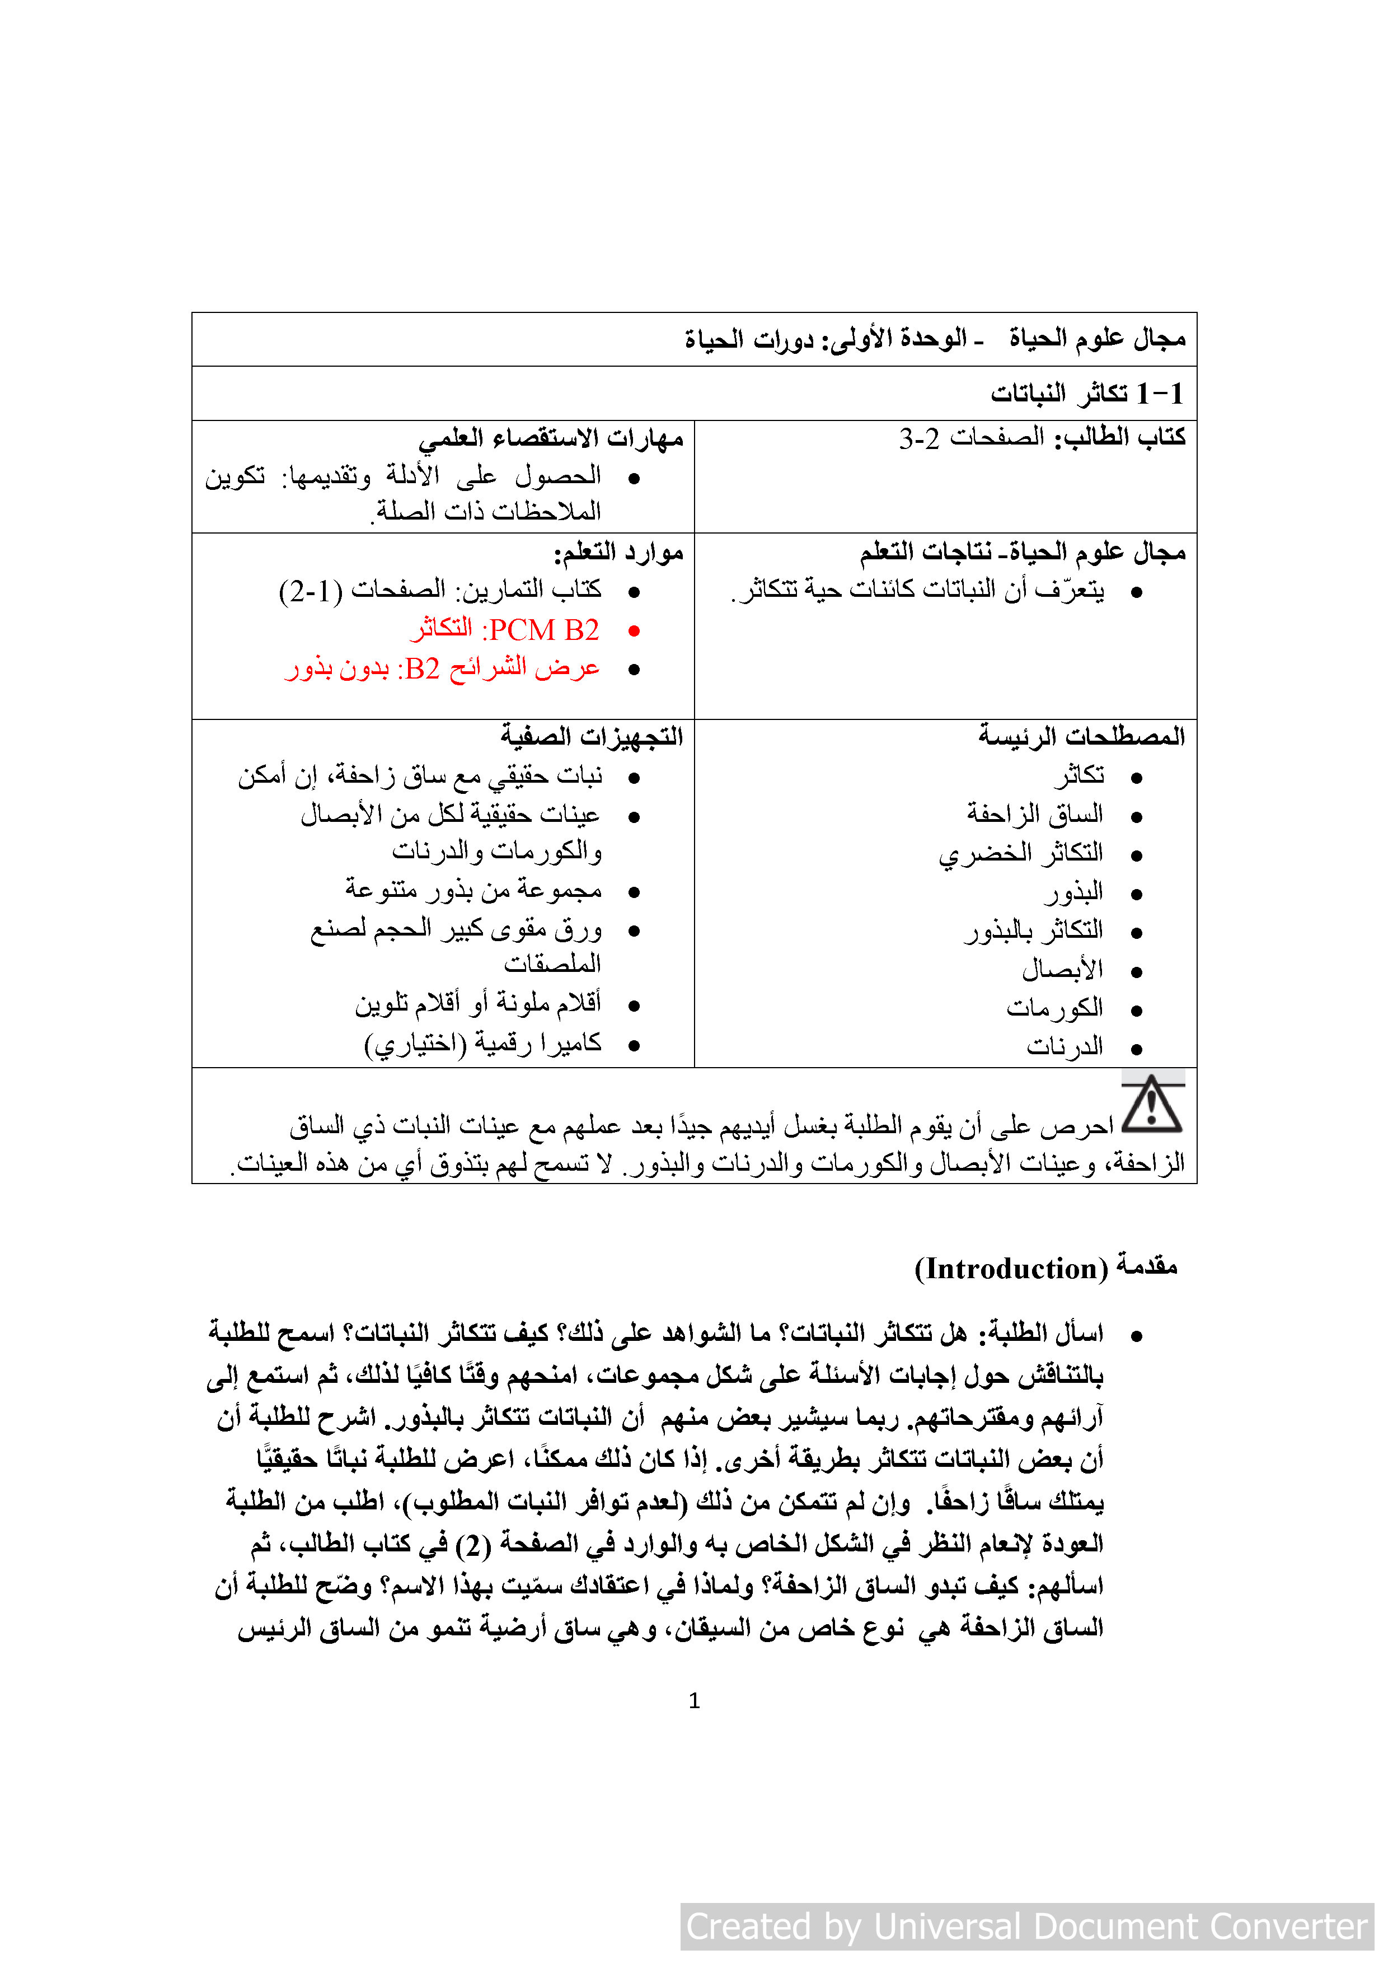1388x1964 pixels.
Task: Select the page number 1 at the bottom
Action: click(693, 1700)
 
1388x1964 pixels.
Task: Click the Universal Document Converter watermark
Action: click(1026, 1926)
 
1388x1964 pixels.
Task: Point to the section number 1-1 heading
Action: click(1160, 394)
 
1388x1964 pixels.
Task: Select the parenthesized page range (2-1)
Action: click(311, 590)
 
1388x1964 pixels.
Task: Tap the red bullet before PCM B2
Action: click(634, 632)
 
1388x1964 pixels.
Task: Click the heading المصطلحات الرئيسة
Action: click(1082, 736)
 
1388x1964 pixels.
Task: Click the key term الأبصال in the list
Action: click(1062, 970)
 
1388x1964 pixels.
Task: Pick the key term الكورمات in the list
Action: click(1054, 1008)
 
